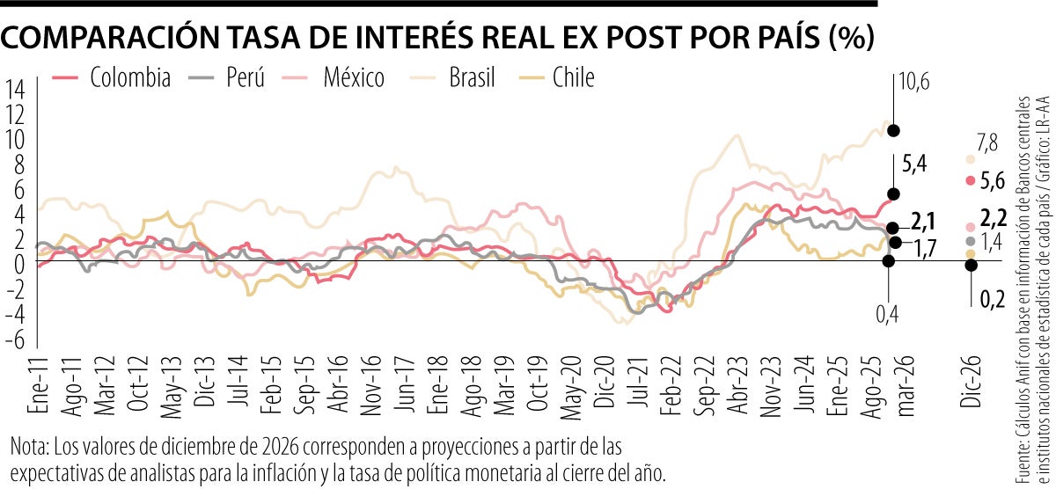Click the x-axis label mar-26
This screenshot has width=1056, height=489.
point(904,387)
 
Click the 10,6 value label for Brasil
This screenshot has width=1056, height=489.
point(913,84)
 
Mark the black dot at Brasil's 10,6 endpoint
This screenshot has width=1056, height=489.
point(894,131)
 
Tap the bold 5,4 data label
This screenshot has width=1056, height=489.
point(913,163)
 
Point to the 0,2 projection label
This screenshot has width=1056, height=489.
point(992,300)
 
